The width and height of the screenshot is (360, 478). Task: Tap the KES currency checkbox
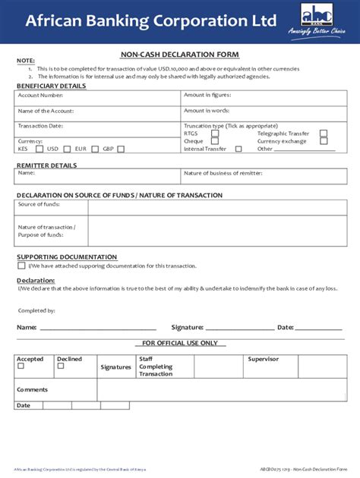click(x=34, y=149)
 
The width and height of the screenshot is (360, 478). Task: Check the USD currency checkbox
click(x=67, y=149)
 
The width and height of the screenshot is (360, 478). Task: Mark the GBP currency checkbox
click(x=121, y=149)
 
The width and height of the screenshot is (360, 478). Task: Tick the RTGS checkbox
click(x=215, y=133)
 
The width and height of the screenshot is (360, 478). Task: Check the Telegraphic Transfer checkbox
click(x=324, y=133)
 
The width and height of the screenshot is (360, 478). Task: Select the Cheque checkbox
click(x=215, y=141)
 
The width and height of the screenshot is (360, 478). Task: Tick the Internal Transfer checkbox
click(x=238, y=149)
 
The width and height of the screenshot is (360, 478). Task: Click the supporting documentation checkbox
click(x=21, y=266)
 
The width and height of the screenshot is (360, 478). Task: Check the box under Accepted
click(x=21, y=366)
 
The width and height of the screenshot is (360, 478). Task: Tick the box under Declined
click(x=61, y=366)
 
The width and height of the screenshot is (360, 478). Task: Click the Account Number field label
click(x=40, y=96)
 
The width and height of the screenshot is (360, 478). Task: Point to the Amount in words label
click(x=207, y=111)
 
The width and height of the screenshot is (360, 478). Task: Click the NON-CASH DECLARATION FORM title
click(x=180, y=55)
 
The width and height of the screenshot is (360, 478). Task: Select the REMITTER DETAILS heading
click(x=46, y=165)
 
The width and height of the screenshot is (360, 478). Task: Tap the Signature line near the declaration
click(x=239, y=328)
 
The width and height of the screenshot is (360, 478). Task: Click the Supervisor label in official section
click(x=263, y=359)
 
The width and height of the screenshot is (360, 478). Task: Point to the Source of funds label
click(x=39, y=205)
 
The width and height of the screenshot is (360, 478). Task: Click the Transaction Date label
click(x=40, y=125)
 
